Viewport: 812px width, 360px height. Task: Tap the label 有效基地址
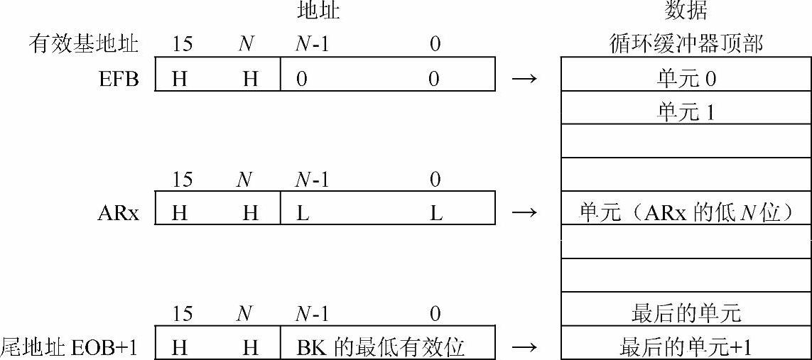point(84,45)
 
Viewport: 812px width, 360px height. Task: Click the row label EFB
point(119,79)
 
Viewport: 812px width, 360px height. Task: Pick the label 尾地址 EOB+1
point(69,348)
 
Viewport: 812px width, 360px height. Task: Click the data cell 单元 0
point(686,79)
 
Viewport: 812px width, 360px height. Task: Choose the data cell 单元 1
point(686,111)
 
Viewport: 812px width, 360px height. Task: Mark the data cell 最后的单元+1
point(686,348)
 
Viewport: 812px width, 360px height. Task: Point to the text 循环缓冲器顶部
point(686,45)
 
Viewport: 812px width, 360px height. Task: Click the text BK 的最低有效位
point(381,348)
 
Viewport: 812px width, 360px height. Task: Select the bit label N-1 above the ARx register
point(312,180)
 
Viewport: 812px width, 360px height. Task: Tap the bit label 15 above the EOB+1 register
point(182,314)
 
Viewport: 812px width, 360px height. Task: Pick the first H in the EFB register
point(180,79)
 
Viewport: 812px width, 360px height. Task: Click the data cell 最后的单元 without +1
point(686,314)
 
